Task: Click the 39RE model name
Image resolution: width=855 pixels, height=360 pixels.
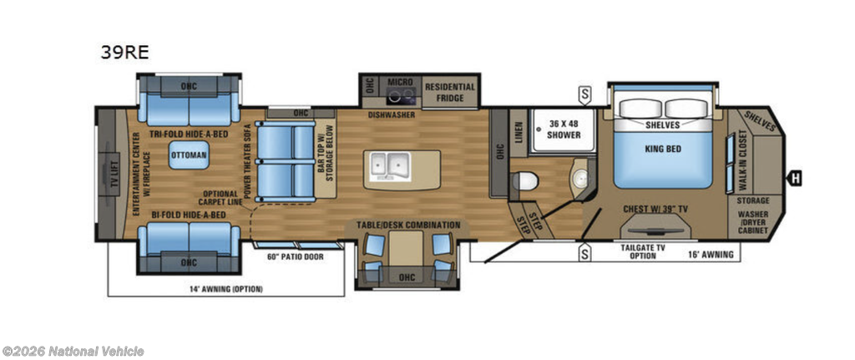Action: (124, 52)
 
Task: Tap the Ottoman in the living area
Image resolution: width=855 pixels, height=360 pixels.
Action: (189, 155)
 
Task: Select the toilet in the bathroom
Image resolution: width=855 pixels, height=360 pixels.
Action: (525, 180)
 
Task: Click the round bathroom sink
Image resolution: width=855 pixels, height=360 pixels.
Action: (579, 177)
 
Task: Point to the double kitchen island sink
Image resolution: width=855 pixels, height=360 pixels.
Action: (391, 166)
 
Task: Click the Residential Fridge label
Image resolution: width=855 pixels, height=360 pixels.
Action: (450, 92)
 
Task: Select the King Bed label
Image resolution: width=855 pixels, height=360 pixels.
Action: (662, 149)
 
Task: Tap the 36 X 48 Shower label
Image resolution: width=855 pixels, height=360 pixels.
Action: (564, 129)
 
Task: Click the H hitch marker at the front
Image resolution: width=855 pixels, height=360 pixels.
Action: (796, 177)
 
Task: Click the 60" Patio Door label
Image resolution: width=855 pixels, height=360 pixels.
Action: (288, 256)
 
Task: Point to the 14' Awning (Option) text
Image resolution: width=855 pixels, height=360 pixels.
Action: (226, 289)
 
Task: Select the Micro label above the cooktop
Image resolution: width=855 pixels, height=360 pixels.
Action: (401, 82)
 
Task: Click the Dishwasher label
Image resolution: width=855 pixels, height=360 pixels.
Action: (392, 115)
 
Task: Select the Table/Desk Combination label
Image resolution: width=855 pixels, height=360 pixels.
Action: (408, 225)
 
